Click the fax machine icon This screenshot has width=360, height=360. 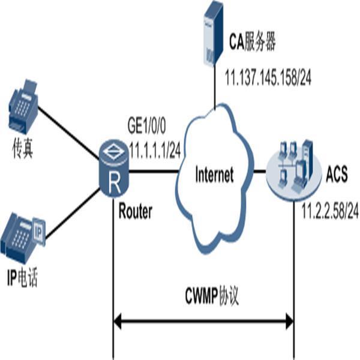click(x=22, y=107)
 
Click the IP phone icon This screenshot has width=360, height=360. click(x=22, y=235)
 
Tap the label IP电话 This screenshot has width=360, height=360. click(x=22, y=278)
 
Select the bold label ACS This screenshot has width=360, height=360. click(x=337, y=178)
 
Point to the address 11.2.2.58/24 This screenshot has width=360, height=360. click(x=331, y=211)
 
